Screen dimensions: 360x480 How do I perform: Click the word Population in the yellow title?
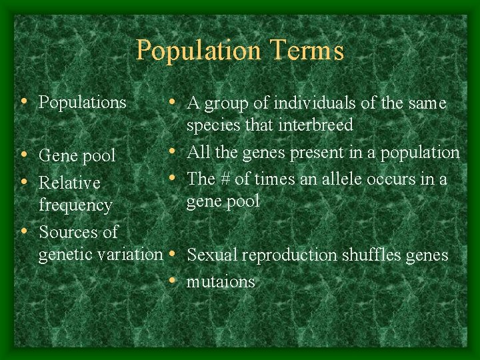pyautogui.click(x=198, y=51)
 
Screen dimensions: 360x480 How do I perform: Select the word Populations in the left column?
pyautogui.click(x=83, y=102)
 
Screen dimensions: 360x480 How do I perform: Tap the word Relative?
pyautogui.click(x=69, y=183)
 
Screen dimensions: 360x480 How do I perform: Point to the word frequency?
pyautogui.click(x=75, y=205)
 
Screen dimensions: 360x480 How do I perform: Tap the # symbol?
pyautogui.click(x=223, y=179)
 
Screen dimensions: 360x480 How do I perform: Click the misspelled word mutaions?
pyautogui.click(x=221, y=282)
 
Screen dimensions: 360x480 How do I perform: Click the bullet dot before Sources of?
pyautogui.click(x=24, y=231)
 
